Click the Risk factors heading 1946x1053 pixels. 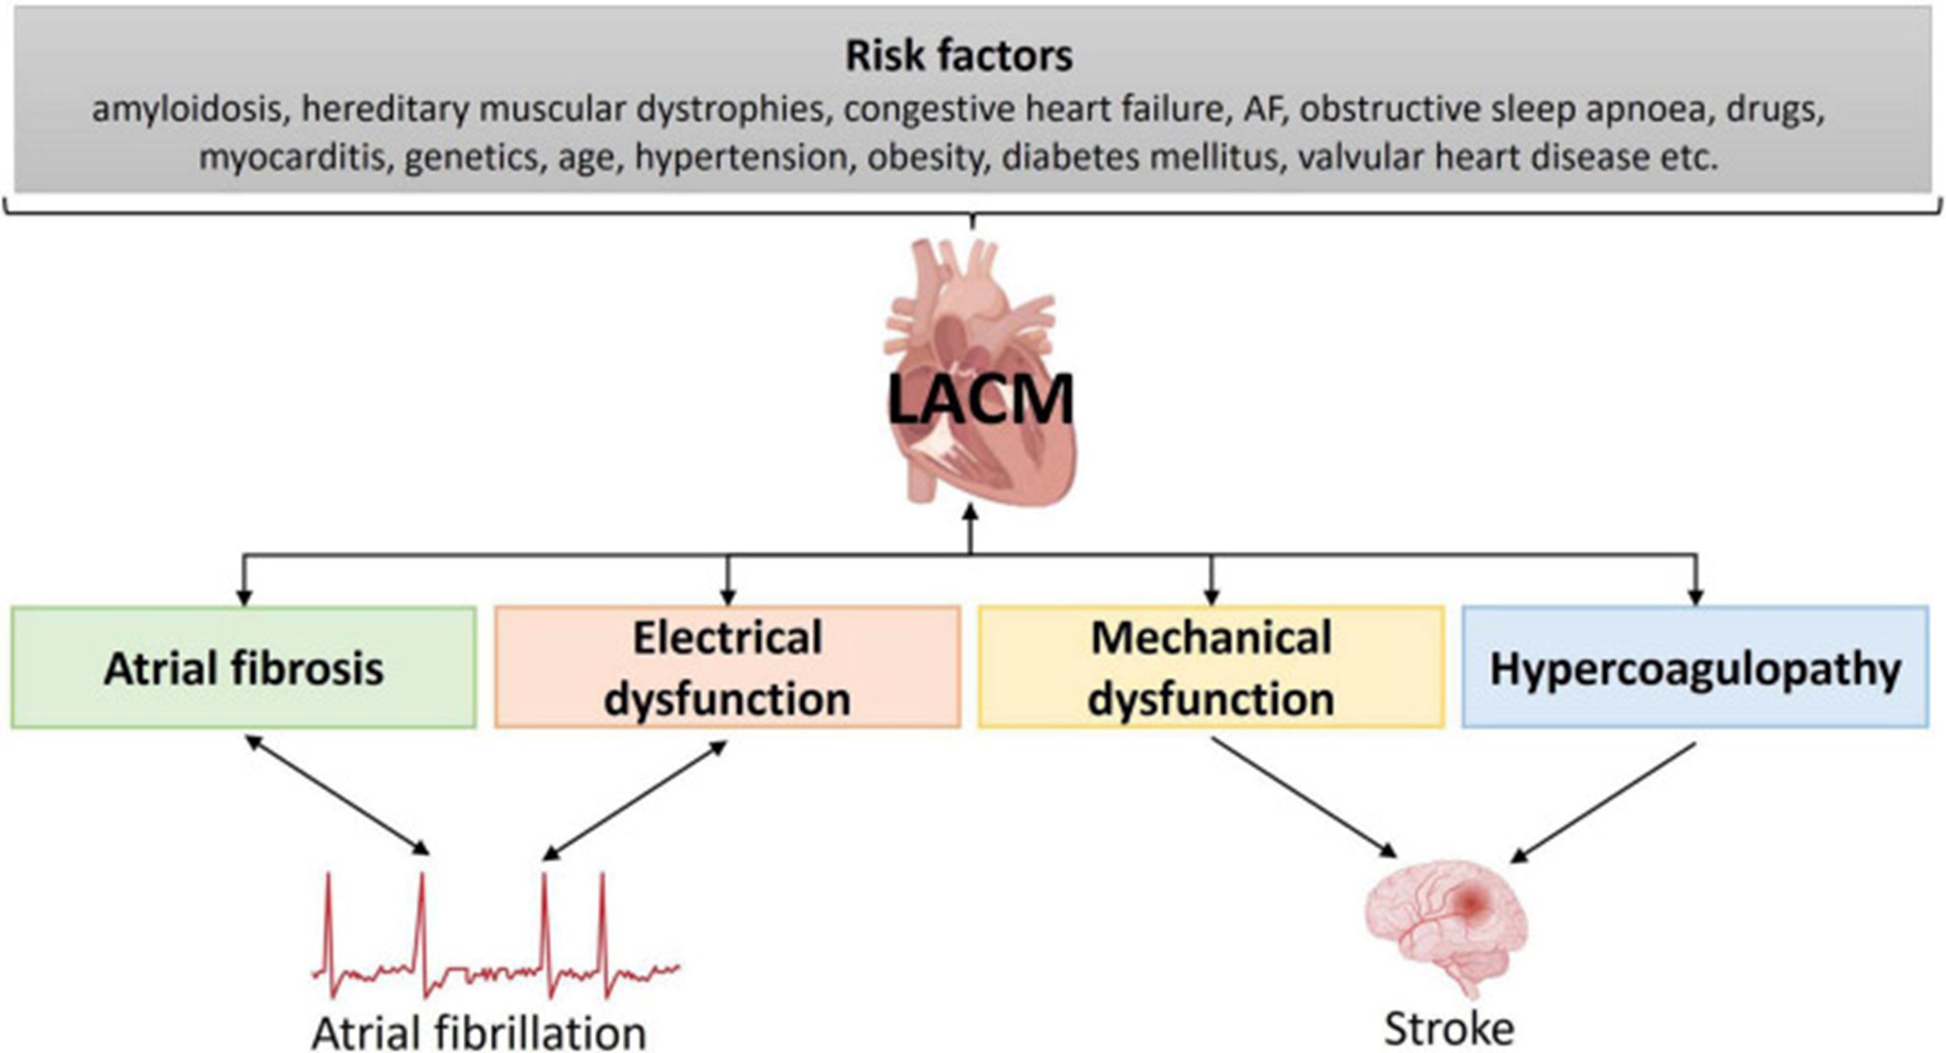(x=959, y=56)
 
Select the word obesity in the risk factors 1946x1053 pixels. (x=925, y=158)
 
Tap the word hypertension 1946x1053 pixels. (x=740, y=158)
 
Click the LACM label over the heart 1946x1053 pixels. (x=980, y=400)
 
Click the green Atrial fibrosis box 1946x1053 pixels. (x=243, y=668)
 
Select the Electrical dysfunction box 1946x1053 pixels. (x=728, y=668)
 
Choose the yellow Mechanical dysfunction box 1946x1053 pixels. (x=1211, y=668)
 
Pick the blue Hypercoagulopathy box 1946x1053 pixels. (x=1695, y=668)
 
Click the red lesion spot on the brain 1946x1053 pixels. (x=1470, y=902)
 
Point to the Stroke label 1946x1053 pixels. (x=1448, y=1028)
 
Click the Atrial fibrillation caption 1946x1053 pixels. (x=479, y=1033)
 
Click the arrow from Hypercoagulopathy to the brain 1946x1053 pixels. (x=1603, y=802)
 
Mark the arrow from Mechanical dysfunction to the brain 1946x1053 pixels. (x=1303, y=797)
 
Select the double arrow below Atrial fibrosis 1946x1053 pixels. (x=337, y=795)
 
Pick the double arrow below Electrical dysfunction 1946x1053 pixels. (x=635, y=799)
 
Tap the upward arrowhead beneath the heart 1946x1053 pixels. (x=970, y=513)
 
